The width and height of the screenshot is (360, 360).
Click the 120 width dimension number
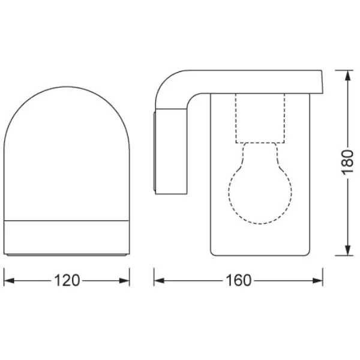click(x=67, y=280)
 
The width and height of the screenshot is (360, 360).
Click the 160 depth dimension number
click(x=239, y=280)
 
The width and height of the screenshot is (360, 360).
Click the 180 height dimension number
click(x=347, y=163)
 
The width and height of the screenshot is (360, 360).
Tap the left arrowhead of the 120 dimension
click(x=9, y=281)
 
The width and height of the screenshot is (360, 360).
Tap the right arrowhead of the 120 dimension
click(x=124, y=281)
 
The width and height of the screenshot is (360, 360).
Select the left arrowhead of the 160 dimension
click(x=159, y=281)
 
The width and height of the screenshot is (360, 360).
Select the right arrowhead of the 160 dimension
click(x=318, y=281)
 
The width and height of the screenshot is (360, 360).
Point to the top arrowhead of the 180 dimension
click(x=348, y=76)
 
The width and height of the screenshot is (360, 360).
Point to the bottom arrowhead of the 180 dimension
click(x=348, y=250)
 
